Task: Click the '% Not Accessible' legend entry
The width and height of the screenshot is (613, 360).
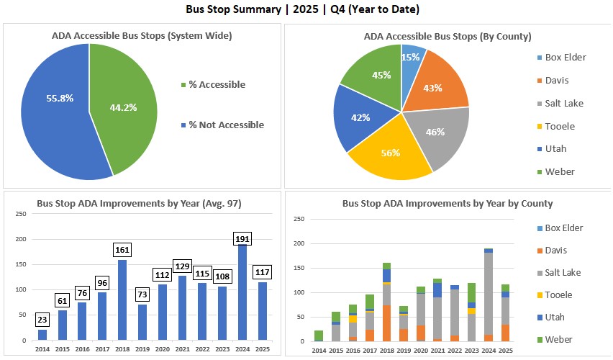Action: point(226,125)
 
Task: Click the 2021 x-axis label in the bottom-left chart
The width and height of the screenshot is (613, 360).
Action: point(183,348)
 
